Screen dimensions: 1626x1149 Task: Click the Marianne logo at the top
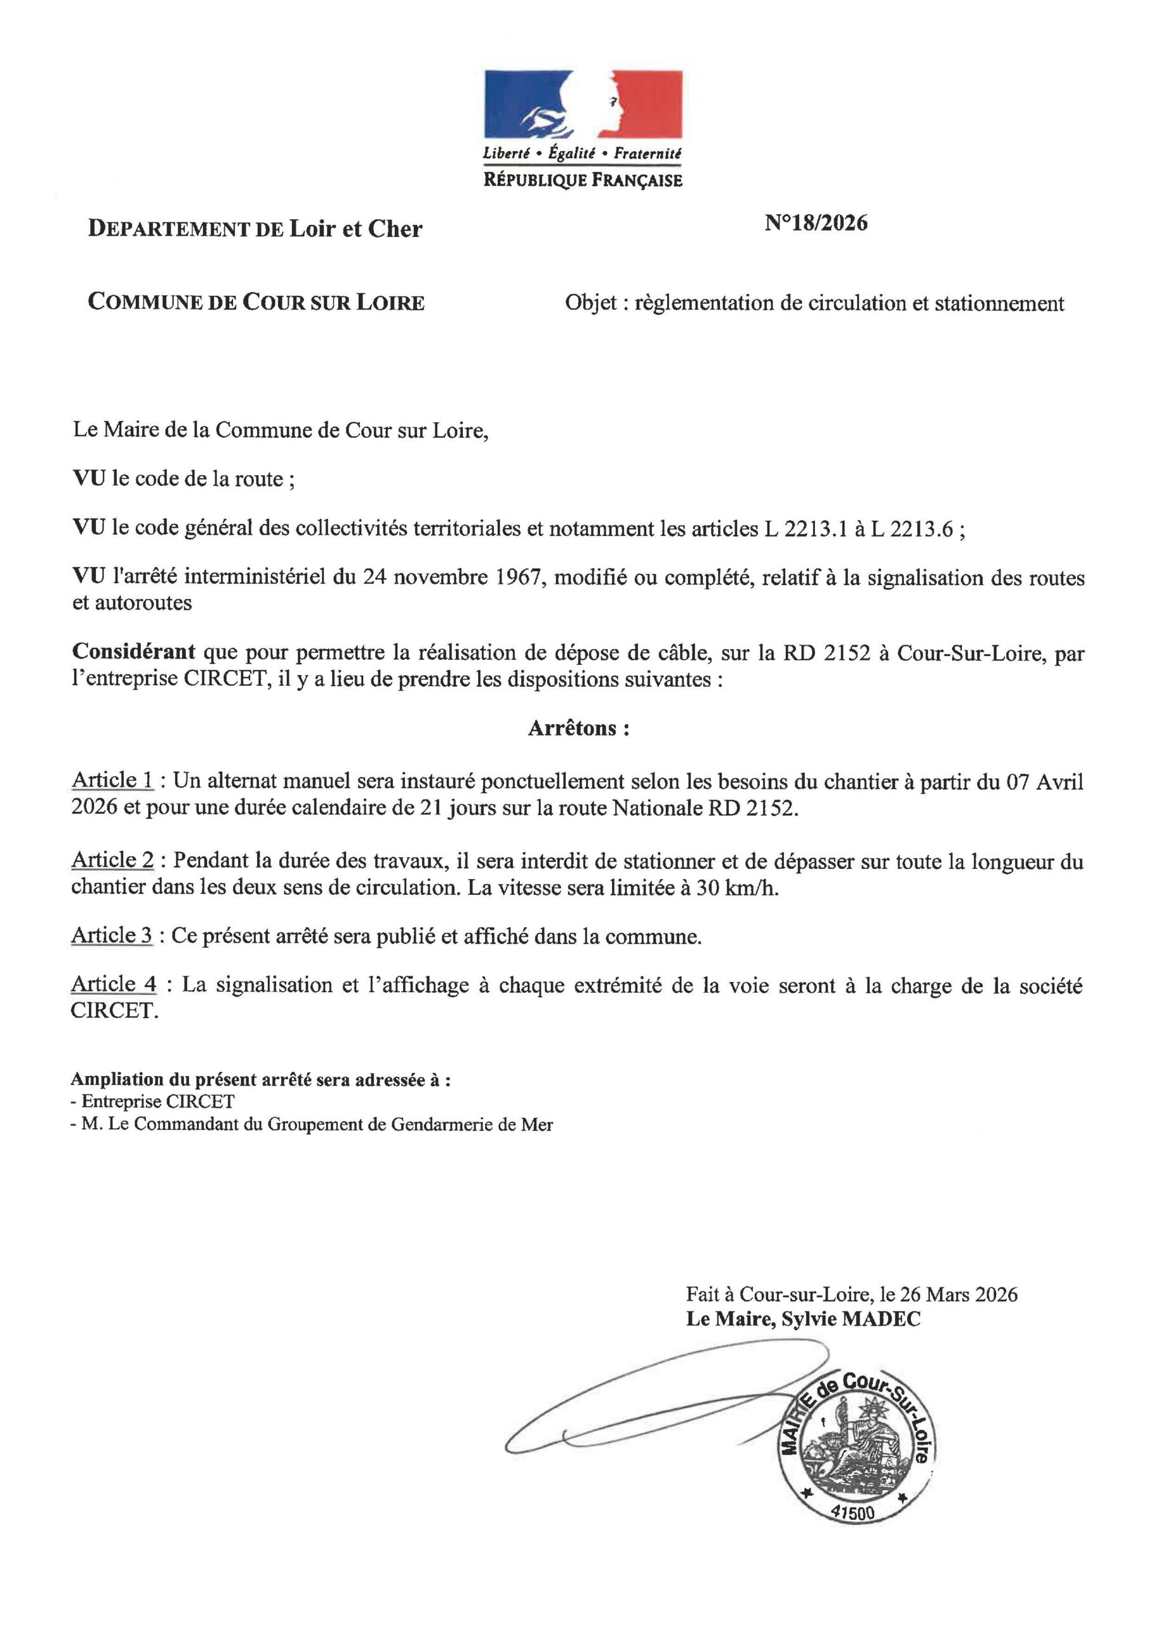[583, 104]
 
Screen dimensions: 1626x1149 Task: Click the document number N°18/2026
[816, 223]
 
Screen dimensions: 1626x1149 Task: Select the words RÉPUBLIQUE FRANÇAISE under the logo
[583, 180]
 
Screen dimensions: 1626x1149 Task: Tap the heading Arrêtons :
[578, 729]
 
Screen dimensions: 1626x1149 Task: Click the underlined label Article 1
[112, 781]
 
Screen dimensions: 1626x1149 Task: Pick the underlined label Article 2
[112, 861]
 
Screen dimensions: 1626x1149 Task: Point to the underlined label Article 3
[112, 936]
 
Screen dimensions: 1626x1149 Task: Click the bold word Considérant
[135, 652]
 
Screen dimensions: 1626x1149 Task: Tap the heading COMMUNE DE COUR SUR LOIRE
[256, 302]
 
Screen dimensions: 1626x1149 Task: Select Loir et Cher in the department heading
[355, 229]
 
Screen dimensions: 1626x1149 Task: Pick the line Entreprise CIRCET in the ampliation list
[158, 1101]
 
